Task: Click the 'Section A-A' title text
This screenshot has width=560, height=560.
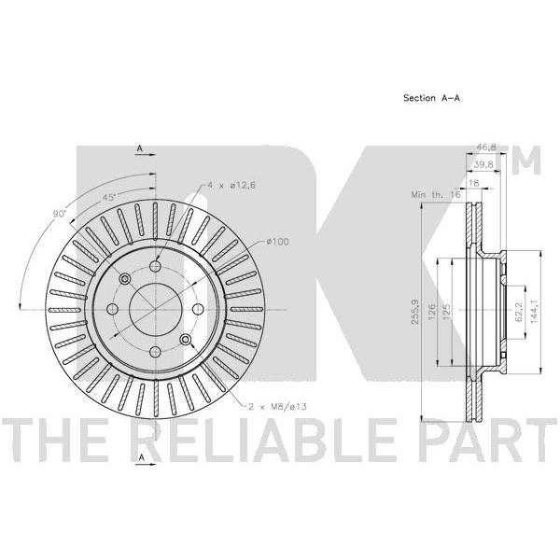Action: tap(431, 98)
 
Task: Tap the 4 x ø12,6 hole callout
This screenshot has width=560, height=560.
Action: tap(231, 186)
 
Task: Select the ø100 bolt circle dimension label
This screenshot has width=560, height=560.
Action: tap(277, 242)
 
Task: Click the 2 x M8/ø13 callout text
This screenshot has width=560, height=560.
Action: tap(277, 406)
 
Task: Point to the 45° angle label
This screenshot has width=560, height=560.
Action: tap(109, 197)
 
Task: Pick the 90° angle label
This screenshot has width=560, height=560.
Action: tap(60, 214)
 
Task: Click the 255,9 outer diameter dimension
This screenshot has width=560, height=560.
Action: tap(414, 312)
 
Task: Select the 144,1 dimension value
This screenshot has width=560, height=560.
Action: tap(534, 312)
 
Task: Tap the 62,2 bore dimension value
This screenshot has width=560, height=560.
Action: tap(519, 311)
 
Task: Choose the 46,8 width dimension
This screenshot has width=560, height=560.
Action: tap(486, 147)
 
